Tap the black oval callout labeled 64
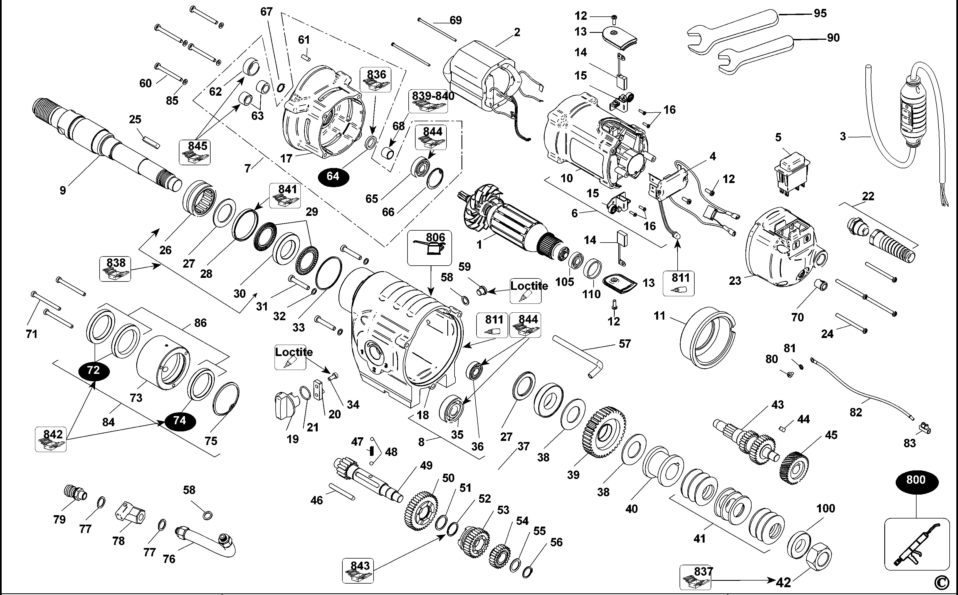[x=333, y=176]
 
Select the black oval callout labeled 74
[x=180, y=421]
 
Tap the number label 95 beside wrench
[x=820, y=13]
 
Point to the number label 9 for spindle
[x=63, y=191]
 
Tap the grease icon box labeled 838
[x=115, y=269]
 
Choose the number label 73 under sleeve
[x=136, y=398]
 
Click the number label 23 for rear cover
[x=735, y=281]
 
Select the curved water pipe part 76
[x=204, y=541]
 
